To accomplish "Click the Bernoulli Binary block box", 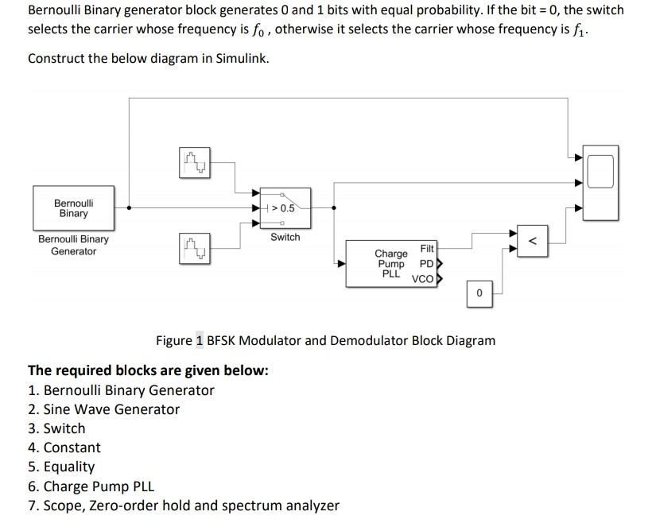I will click(x=73, y=207).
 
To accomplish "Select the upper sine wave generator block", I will click(x=194, y=163).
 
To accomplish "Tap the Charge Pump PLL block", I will click(x=391, y=264).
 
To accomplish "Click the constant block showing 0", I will click(x=479, y=294).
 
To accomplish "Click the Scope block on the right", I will click(x=600, y=181).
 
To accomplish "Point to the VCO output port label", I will click(x=422, y=279).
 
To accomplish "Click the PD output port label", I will click(x=426, y=264).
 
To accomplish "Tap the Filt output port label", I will click(x=427, y=249).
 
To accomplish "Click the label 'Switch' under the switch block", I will click(x=285, y=237).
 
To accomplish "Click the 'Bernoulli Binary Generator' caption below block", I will click(x=73, y=245).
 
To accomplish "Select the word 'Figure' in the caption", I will click(x=174, y=340).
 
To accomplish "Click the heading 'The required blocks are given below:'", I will click(x=148, y=370).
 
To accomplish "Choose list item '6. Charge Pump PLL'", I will click(x=91, y=486).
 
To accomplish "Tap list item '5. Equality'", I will click(x=61, y=467).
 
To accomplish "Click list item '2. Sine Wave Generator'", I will click(x=103, y=409).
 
